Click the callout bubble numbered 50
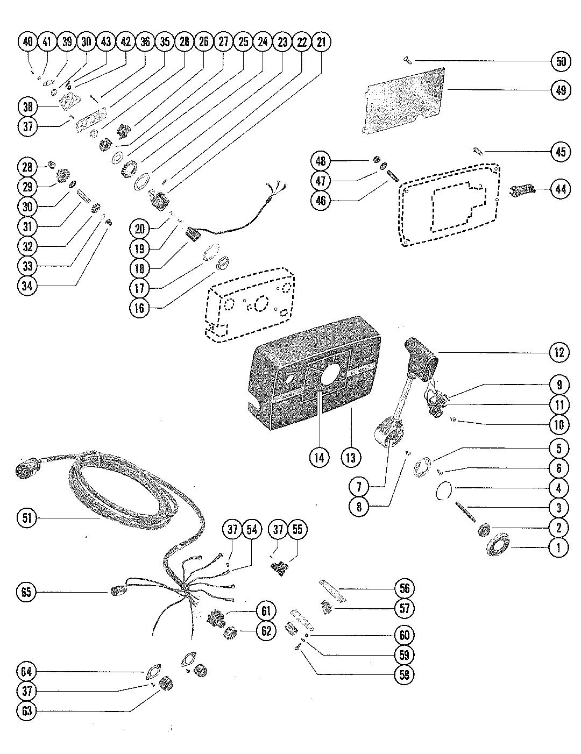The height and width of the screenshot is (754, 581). (561, 61)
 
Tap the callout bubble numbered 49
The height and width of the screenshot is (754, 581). (561, 90)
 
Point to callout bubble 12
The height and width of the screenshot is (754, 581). (559, 353)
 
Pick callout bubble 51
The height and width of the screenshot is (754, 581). (27, 518)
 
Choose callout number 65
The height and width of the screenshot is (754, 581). (27, 592)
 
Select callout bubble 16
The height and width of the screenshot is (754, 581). (139, 308)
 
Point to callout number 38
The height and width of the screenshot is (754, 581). (27, 107)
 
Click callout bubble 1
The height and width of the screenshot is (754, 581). (558, 547)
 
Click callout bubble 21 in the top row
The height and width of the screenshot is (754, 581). (322, 41)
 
